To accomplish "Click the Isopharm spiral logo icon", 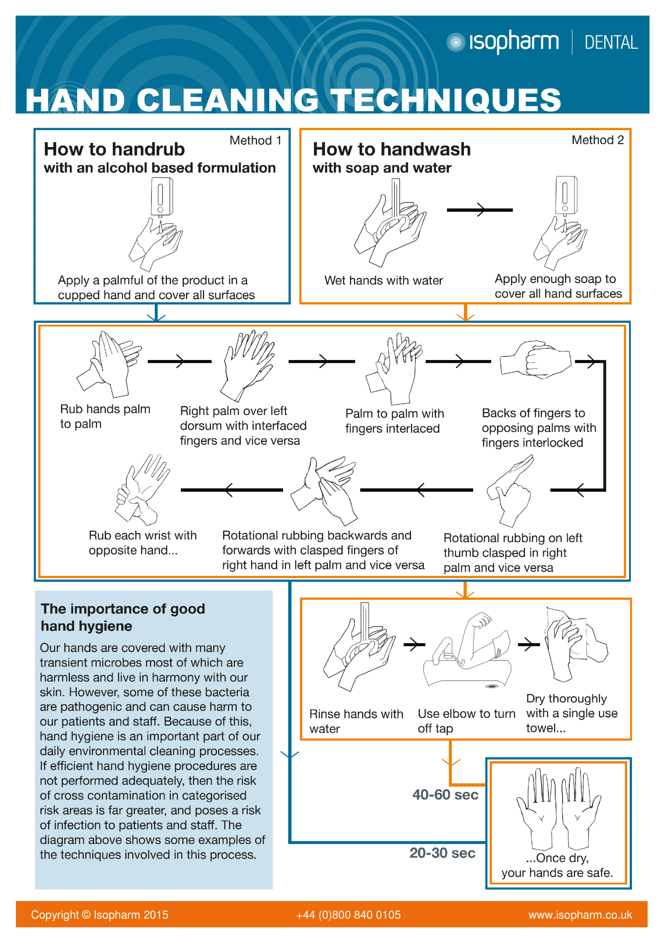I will (455, 42).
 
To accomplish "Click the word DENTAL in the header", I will (611, 43).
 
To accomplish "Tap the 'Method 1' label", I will (255, 140).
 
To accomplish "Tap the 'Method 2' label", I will (597, 140).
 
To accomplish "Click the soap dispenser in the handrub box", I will (162, 196).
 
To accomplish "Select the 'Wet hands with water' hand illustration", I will (389, 224).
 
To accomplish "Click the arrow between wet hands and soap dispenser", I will (480, 210).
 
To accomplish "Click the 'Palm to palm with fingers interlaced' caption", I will (394, 421).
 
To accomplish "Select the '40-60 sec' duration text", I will (445, 794).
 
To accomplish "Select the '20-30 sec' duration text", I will (442, 852).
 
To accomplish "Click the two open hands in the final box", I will (558, 809).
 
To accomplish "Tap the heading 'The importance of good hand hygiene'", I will (123, 617).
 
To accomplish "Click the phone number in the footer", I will (348, 915).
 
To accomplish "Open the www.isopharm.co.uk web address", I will (580, 915).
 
